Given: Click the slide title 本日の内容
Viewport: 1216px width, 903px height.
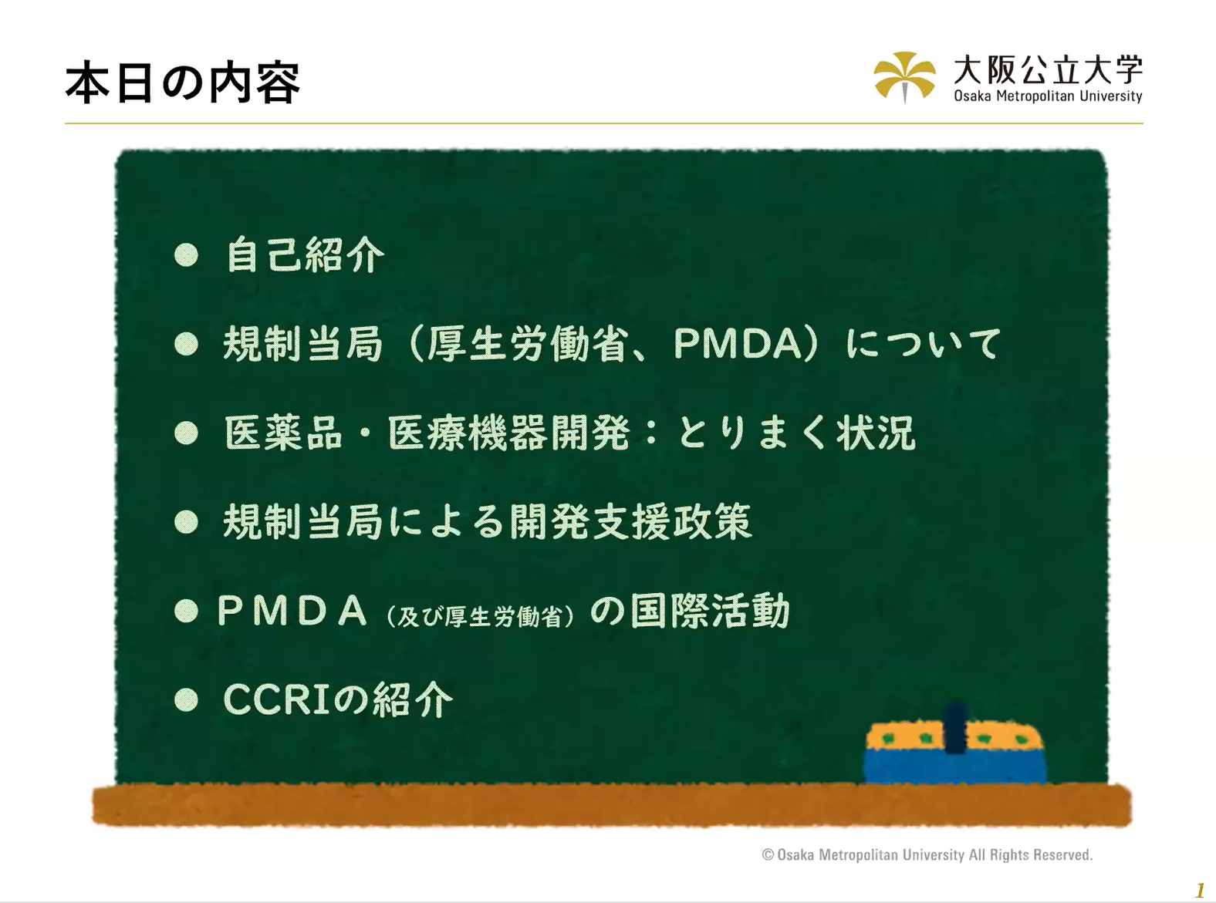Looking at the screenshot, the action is (183, 84).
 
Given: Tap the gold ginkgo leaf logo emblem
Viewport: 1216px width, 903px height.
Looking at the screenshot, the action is (904, 76).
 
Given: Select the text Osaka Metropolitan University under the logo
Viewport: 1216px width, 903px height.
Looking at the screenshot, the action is (1048, 96).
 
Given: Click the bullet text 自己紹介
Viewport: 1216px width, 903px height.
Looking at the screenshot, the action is (306, 254).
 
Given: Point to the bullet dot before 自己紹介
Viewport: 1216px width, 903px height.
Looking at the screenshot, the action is (187, 254).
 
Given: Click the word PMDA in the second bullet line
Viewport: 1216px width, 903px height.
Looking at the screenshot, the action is (738, 344).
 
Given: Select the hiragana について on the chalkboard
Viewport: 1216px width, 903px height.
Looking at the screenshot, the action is (924, 344).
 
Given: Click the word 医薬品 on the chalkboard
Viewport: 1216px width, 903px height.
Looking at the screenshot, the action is (284, 433).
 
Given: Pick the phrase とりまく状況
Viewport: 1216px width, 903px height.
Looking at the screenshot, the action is (797, 433).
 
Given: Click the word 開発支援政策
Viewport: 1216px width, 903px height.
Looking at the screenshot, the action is (630, 521).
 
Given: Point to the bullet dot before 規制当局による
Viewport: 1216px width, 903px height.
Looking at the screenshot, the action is (187, 522).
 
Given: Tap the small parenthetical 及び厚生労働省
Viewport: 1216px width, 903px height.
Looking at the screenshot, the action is (480, 617).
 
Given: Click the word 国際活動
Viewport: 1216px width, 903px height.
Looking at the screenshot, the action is (709, 611).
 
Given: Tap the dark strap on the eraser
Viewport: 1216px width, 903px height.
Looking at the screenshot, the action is (955, 728).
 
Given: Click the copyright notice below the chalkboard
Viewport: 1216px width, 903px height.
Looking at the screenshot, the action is (927, 854).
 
